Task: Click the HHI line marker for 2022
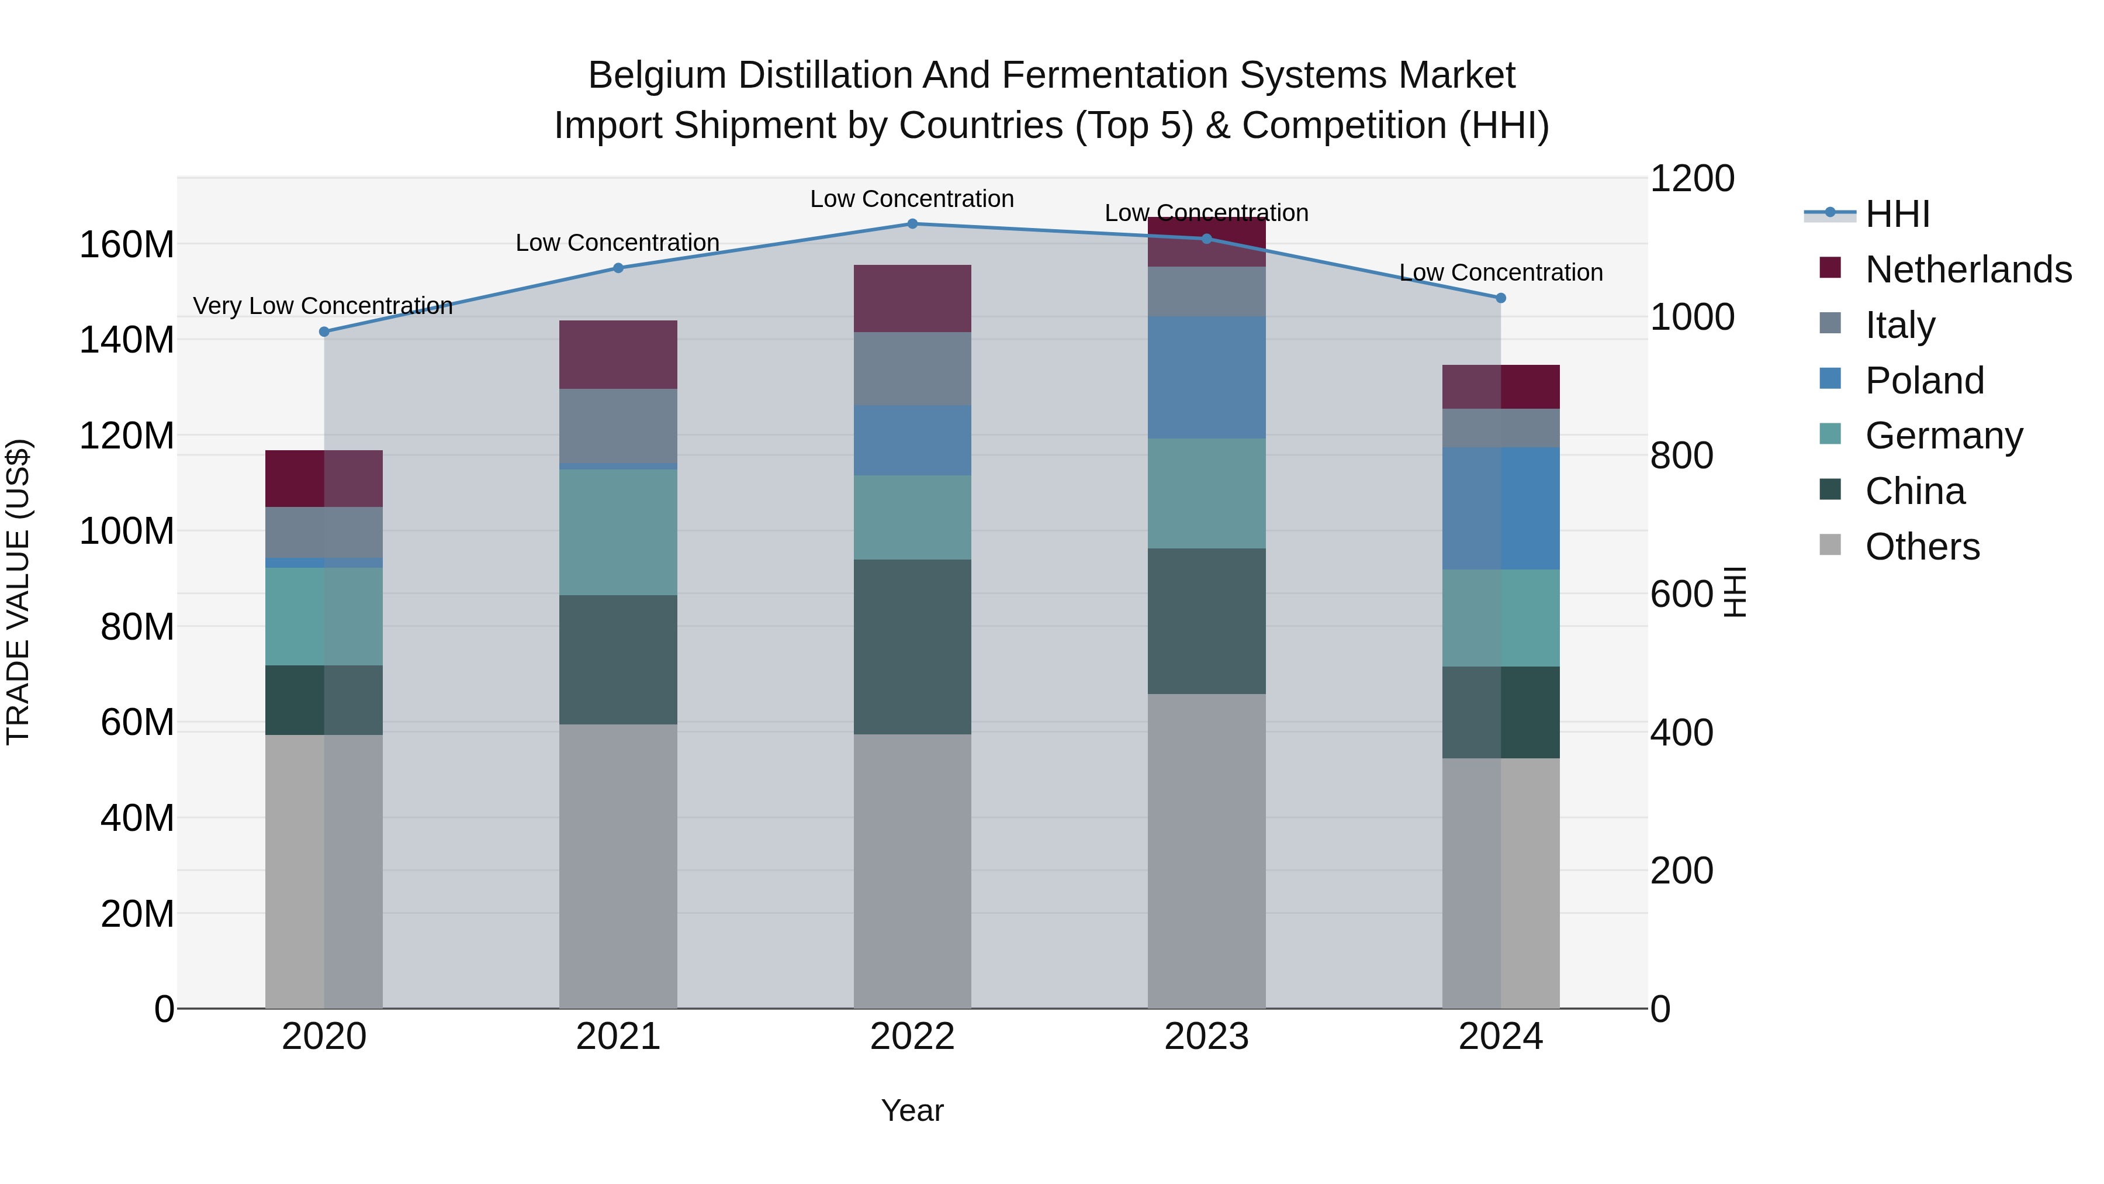(912, 224)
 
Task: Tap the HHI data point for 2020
(324, 332)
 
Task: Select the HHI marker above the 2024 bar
(1500, 298)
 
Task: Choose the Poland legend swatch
(1830, 379)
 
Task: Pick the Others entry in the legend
(1922, 547)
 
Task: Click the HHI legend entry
(1897, 214)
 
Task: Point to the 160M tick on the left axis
(127, 244)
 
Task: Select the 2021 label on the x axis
(618, 1037)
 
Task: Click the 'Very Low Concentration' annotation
(323, 306)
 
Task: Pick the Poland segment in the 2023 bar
(1206, 378)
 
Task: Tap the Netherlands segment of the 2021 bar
(618, 355)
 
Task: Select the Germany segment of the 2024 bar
(1500, 618)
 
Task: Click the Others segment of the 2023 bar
(1206, 851)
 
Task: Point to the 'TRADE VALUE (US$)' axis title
(19, 592)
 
